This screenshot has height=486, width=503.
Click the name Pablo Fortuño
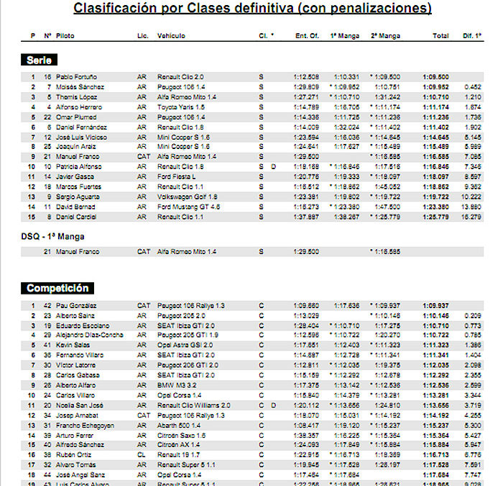76,76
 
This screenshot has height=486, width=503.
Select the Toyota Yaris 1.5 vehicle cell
180,107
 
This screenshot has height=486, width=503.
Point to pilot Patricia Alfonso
78,166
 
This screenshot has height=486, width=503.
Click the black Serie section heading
39,60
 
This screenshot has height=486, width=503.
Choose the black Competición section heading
57,288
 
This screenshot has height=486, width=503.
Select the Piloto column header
65,35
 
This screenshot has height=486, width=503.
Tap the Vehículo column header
171,35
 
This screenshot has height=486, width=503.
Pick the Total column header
440,35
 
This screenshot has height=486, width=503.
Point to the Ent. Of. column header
307,35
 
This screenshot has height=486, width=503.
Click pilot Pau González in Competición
76,305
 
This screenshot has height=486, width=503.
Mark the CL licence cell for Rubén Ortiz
141,454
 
